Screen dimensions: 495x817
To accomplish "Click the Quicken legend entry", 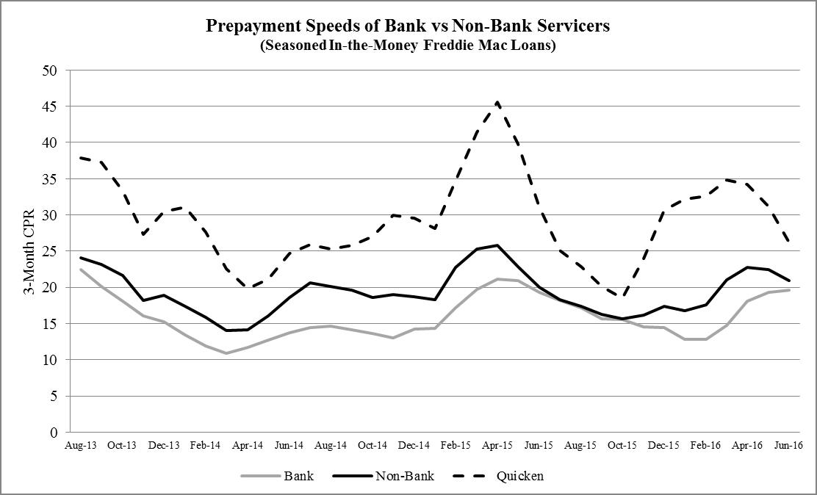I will click(519, 476).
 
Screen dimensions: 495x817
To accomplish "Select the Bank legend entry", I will click(298, 476).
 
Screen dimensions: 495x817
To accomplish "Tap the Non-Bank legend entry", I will click(404, 476).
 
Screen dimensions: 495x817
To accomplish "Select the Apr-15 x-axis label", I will click(497, 446).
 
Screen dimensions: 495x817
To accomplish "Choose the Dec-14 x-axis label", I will click(414, 446).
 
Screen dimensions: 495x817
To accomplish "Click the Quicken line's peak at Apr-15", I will click(497, 102).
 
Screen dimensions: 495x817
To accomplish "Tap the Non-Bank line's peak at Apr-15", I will click(497, 245).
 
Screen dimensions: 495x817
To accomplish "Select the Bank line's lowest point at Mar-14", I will click(226, 353).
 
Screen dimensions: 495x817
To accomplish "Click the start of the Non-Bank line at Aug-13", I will click(80, 258).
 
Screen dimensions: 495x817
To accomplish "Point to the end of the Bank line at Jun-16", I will click(790, 290).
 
